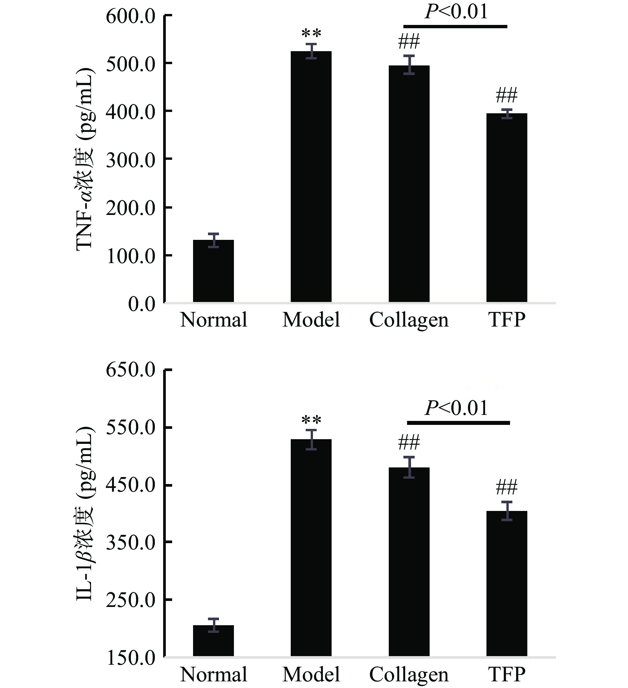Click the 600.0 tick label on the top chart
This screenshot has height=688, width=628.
(x=131, y=16)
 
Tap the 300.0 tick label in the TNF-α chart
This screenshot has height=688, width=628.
(x=131, y=160)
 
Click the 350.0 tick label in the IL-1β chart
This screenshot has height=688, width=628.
(x=131, y=542)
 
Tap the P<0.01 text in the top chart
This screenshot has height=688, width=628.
(x=456, y=12)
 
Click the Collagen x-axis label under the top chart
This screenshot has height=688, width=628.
(x=409, y=320)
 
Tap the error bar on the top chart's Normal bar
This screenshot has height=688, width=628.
(x=213, y=240)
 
